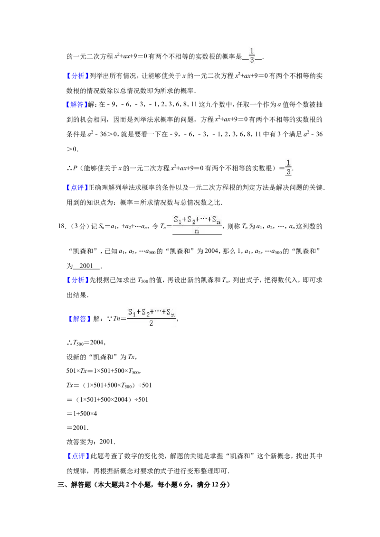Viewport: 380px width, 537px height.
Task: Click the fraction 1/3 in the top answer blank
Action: click(x=252, y=55)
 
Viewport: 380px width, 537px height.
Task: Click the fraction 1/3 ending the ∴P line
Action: click(x=288, y=167)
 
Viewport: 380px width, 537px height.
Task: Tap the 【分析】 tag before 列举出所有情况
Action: click(x=77, y=76)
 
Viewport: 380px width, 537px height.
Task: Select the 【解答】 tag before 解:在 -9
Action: click(x=77, y=104)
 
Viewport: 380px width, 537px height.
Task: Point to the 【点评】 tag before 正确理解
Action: click(x=77, y=187)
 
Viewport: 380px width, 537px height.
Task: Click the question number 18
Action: click(x=62, y=226)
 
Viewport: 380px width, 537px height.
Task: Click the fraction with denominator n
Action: click(x=197, y=225)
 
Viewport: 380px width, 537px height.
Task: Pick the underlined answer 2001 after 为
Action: click(x=86, y=266)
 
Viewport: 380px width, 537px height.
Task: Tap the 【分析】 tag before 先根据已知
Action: click(x=77, y=280)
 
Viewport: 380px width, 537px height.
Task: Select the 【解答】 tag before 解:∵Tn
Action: click(x=80, y=319)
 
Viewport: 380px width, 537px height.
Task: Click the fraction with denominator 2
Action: click(x=151, y=317)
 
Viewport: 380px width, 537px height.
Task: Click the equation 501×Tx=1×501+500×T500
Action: click(x=104, y=371)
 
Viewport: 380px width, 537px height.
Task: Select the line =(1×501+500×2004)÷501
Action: click(x=107, y=399)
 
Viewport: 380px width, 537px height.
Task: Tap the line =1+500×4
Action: click(x=82, y=413)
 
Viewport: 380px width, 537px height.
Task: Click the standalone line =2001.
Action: click(x=78, y=428)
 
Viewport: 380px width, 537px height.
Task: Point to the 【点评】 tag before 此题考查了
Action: click(x=77, y=456)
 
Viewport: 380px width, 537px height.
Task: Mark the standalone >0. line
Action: click(x=72, y=149)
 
